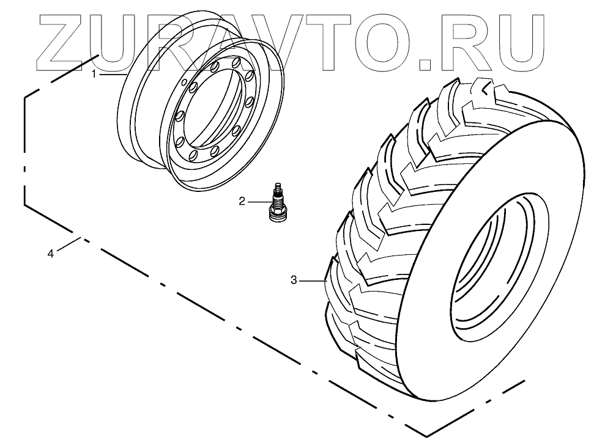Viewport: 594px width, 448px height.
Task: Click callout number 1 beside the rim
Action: (94, 74)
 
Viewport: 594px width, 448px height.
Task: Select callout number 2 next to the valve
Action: (242, 201)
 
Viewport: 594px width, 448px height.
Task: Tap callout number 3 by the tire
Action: (294, 280)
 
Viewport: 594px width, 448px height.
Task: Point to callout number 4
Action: (51, 253)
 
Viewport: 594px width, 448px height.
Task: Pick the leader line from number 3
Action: (312, 280)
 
